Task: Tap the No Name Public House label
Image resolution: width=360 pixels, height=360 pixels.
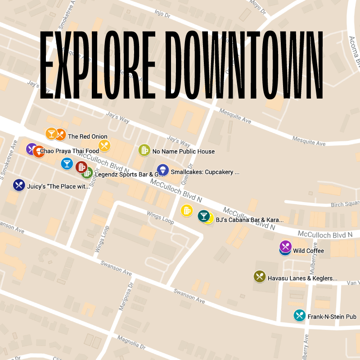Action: (183, 152)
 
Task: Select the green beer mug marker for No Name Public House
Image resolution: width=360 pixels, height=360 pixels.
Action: (144, 150)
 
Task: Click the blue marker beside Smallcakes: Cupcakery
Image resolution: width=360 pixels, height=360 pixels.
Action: (162, 170)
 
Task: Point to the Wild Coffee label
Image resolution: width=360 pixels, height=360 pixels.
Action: (308, 251)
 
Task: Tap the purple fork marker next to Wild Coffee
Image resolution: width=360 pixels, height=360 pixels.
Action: (285, 246)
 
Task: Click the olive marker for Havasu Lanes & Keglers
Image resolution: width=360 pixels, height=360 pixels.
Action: (260, 276)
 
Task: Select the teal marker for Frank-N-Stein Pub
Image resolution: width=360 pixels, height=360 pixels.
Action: (299, 315)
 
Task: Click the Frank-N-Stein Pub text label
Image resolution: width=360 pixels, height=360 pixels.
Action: (332, 317)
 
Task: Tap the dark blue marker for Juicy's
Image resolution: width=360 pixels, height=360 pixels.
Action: (18, 184)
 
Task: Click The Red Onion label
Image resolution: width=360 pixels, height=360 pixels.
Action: (87, 136)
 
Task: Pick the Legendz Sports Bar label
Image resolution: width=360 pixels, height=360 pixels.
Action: (126, 174)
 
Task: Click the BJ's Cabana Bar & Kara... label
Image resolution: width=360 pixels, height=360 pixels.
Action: (249, 220)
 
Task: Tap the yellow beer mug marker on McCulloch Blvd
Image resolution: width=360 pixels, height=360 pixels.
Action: (186, 210)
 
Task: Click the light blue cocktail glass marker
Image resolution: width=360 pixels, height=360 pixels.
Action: (67, 163)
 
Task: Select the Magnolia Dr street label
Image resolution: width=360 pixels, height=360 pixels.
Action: (131, 342)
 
